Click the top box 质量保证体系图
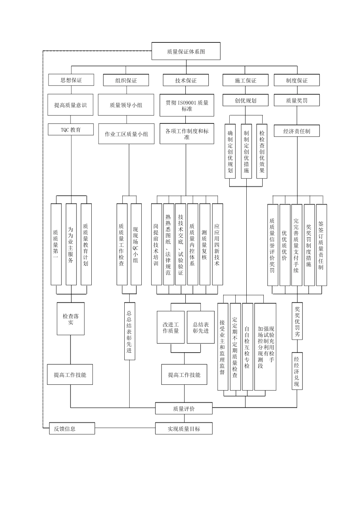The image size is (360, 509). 186,51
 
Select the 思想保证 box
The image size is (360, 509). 71,80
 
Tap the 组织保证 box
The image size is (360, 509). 126,80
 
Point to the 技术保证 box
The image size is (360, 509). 186,80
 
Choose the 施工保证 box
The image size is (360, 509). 245,80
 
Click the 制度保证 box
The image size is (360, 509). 297,80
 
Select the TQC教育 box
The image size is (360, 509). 70,130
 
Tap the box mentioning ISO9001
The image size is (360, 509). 187,105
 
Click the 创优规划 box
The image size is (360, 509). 245,100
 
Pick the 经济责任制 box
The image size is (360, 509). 297,131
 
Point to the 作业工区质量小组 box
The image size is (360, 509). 126,134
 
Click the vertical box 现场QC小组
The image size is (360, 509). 136,244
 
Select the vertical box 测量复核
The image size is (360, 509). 205,244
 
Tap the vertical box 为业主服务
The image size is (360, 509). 71,244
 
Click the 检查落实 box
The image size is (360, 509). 70,319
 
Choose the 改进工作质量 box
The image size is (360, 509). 171,327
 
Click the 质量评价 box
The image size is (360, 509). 184,409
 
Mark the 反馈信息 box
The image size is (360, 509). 72,429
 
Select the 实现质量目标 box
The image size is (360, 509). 184,429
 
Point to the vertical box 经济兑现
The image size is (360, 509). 297,371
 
